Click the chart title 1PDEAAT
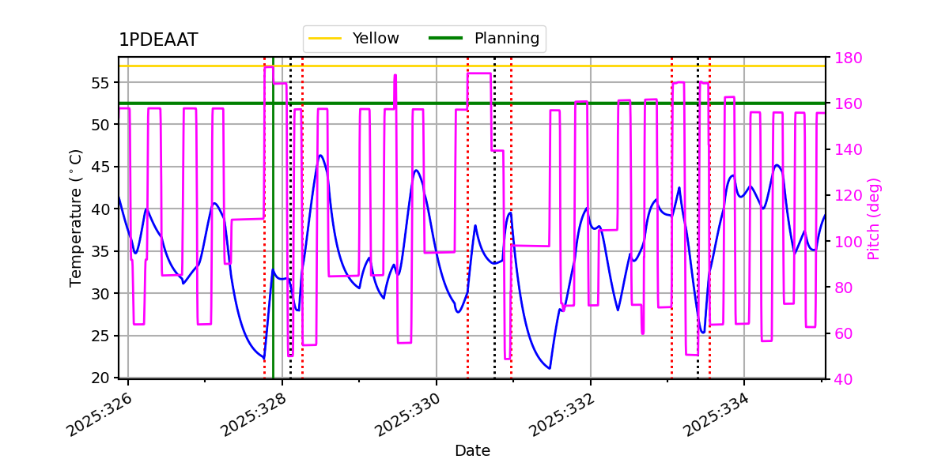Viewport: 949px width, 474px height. point(158,40)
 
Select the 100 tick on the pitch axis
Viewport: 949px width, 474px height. point(846,242)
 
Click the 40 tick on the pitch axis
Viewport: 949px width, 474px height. point(843,379)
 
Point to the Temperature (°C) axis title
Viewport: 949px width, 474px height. point(76,217)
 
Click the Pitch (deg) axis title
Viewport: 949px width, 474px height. point(874,218)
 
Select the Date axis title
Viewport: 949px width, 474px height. point(472,451)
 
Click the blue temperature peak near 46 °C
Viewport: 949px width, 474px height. point(320,156)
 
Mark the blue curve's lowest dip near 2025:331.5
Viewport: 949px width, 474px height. point(549,368)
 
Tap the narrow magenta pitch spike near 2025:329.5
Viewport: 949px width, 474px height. point(395,77)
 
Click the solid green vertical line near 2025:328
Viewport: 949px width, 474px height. point(273,237)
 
